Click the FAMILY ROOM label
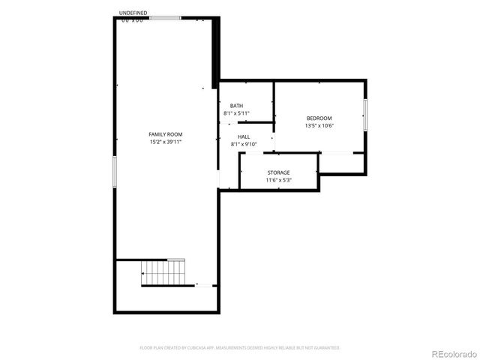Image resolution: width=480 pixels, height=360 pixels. tap(166, 134)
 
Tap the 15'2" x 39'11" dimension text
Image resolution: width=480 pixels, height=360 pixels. tap(166, 141)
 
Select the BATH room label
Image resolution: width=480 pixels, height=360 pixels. tap(236, 106)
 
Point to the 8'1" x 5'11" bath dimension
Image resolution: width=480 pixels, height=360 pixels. tap(236, 113)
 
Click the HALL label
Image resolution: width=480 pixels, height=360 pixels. tap(244, 136)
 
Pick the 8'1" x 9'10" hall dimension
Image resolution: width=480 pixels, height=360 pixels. tap(244, 144)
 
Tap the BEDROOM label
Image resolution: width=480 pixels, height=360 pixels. tap(319, 118)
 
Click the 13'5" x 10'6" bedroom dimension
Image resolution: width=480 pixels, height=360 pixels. tap(319, 126)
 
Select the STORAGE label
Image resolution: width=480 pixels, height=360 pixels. tap(278, 172)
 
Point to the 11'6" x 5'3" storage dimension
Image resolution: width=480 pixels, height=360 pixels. tap(278, 180)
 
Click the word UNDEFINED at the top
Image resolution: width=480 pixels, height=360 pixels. tap(133, 13)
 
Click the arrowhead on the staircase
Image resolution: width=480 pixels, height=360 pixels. tap(143, 274)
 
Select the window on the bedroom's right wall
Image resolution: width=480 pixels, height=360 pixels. tap(366, 118)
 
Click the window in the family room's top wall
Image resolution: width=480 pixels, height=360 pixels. tap(164, 18)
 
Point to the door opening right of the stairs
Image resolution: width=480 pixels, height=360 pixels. tap(204, 285)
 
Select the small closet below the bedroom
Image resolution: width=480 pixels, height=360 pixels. tap(342, 163)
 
